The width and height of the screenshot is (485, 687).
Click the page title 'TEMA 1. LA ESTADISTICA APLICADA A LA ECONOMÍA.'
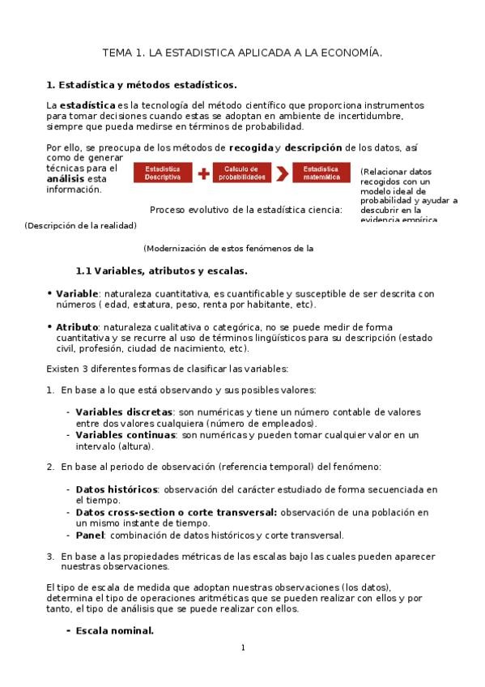(x=242, y=53)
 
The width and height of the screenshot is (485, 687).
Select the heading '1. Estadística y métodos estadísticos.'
(x=142, y=84)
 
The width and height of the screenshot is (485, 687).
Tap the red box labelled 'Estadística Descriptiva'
(x=162, y=173)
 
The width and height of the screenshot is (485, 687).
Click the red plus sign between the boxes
(x=203, y=173)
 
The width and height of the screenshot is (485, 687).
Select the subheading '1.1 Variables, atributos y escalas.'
(x=161, y=271)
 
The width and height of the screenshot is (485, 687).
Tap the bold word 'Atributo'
(x=78, y=326)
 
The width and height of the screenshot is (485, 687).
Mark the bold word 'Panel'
(x=90, y=535)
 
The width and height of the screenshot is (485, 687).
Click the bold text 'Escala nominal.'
(x=115, y=630)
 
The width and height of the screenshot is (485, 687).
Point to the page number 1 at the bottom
(x=243, y=647)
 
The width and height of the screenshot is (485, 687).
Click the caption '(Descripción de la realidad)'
(x=81, y=226)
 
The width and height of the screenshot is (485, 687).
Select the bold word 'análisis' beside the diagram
(x=65, y=178)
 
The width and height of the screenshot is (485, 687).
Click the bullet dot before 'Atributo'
(x=49, y=326)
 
